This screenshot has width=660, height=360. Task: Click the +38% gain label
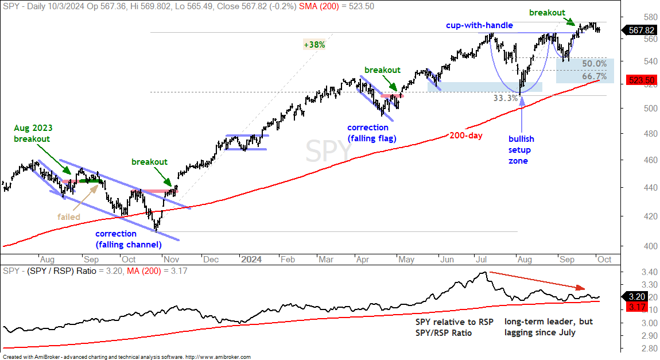tap(315, 45)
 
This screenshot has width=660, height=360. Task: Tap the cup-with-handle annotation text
tap(479, 25)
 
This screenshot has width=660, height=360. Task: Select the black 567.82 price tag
tap(640, 30)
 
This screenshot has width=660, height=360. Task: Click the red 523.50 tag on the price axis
tap(642, 80)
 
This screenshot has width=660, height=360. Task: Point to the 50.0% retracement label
tap(595, 64)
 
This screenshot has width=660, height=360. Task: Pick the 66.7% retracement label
tap(595, 76)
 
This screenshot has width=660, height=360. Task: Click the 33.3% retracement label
tap(506, 98)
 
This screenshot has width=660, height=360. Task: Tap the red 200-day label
tap(465, 135)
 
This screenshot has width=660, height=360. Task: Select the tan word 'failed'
tap(69, 217)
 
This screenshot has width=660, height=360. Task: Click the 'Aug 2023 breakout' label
tap(32, 133)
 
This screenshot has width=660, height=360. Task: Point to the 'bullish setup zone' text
tap(521, 150)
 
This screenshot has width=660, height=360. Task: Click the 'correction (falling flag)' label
tap(372, 133)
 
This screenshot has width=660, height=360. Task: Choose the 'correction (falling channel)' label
tap(129, 239)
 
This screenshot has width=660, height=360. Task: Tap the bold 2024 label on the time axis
tap(251, 260)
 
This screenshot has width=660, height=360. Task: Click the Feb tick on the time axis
tap(288, 260)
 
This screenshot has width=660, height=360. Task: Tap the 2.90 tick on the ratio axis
tap(650, 335)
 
